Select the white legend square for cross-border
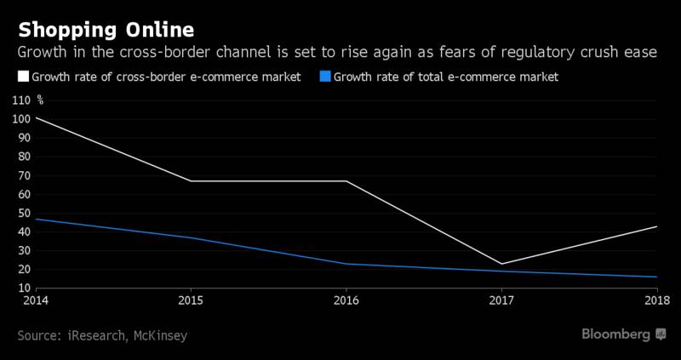click(x=23, y=77)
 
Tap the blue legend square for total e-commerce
click(x=325, y=77)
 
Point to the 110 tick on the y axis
click(x=21, y=100)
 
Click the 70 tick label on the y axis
click(x=24, y=175)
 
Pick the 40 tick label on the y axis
click(x=24, y=231)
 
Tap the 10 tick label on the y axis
click(x=24, y=288)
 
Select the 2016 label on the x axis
click(x=346, y=300)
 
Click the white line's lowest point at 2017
click(x=502, y=264)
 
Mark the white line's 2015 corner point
click(x=191, y=180)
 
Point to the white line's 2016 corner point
click(x=346, y=180)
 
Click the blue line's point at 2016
click(x=346, y=264)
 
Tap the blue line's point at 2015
click(x=191, y=237)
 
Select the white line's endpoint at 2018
click(x=657, y=226)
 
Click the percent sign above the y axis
click(x=40, y=100)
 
